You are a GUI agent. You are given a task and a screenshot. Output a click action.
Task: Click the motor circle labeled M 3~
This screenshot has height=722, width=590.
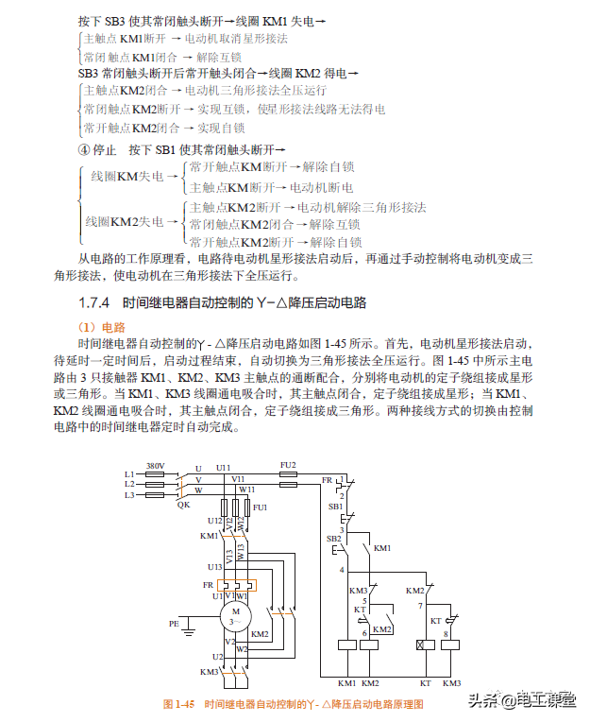tap(236, 615)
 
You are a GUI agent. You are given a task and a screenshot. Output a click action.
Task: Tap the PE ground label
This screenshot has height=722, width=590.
tap(173, 625)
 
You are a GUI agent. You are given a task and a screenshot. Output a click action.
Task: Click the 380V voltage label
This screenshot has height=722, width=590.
tap(156, 466)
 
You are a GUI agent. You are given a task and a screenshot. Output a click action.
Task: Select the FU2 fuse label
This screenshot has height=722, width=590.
tap(288, 465)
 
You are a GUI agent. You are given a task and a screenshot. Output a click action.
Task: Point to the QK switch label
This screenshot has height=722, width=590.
tap(183, 505)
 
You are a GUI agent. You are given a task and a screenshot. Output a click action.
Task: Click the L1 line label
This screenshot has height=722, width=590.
tap(129, 473)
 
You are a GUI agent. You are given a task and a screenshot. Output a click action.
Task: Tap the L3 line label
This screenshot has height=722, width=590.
tap(129, 494)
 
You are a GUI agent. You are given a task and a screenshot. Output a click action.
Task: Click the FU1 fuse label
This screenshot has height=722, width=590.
tap(260, 508)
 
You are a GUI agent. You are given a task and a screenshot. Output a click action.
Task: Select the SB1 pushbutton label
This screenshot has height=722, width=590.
tap(335, 507)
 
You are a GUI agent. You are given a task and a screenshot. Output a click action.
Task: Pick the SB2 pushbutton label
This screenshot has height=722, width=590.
tap(333, 539)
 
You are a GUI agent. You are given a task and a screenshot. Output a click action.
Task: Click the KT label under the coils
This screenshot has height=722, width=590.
tap(426, 682)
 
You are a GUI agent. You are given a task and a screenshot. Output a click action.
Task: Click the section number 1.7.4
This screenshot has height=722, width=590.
tap(95, 303)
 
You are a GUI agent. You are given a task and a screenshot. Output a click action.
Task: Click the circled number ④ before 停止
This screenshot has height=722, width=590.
tap(84, 149)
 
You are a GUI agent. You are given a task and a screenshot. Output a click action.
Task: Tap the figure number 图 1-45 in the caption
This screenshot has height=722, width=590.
tap(178, 704)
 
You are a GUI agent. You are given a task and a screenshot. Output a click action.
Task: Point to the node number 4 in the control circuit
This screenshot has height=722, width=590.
tap(342, 570)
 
